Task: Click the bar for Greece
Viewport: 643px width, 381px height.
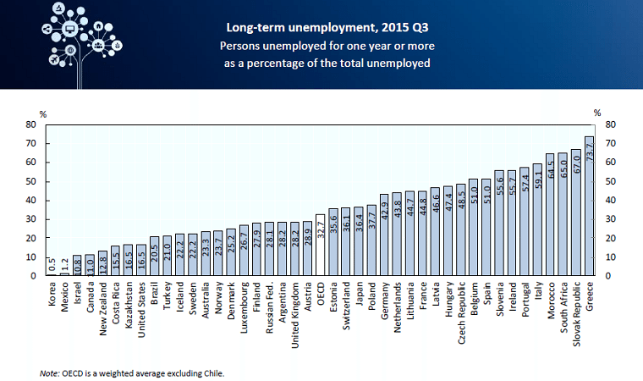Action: click(589, 207)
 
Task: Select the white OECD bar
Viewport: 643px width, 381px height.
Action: click(320, 245)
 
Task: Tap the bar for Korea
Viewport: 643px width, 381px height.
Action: click(51, 273)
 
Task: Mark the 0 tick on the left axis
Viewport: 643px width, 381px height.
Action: click(33, 276)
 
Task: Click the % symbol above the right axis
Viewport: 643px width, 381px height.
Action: click(597, 112)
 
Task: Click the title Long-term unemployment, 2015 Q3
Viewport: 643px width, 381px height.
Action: click(326, 26)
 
